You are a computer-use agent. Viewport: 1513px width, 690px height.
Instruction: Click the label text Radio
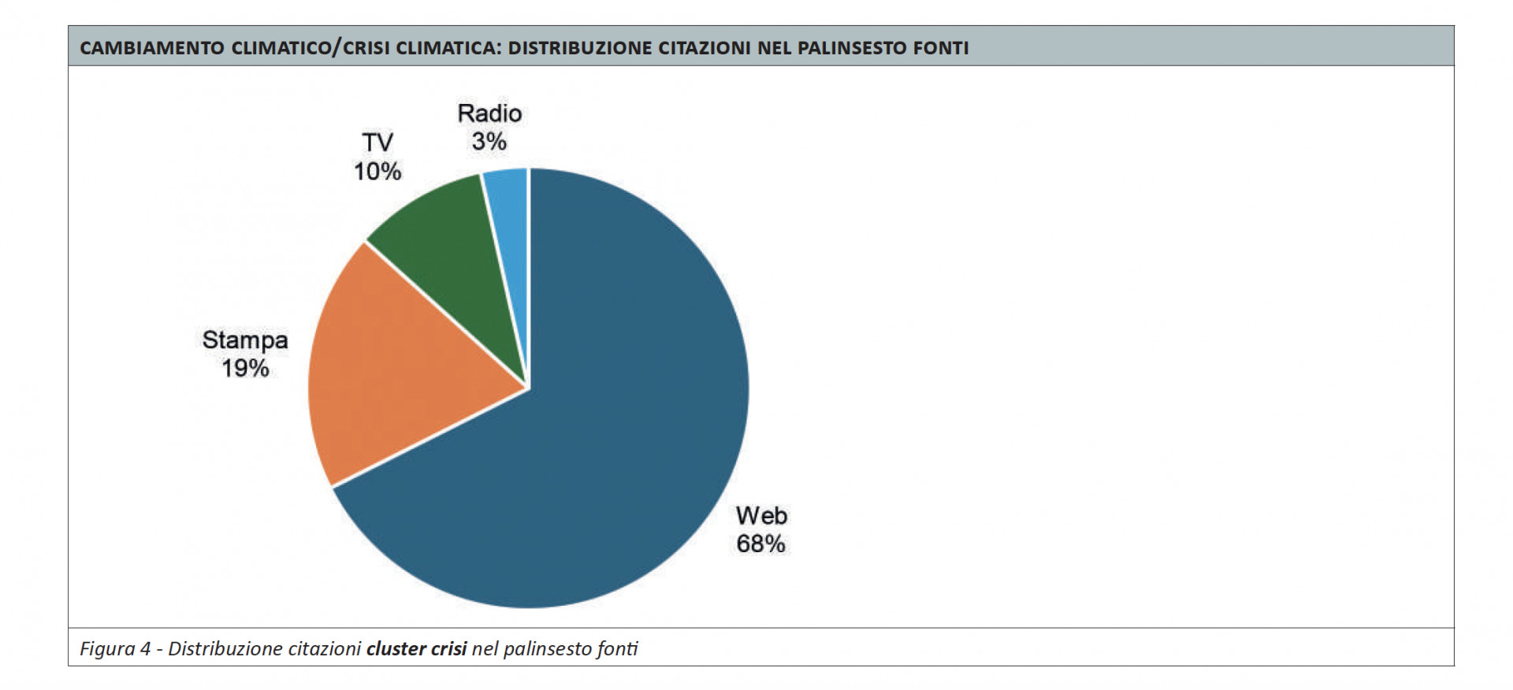point(489,113)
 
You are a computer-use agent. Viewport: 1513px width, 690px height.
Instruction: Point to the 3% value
point(489,142)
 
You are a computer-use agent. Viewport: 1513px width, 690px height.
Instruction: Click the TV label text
point(377,143)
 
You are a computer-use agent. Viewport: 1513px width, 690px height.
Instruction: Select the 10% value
point(377,171)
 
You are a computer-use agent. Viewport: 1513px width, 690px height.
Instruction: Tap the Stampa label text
point(245,339)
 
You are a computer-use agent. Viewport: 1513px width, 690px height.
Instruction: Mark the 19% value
point(245,368)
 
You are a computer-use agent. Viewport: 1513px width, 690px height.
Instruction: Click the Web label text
point(761,515)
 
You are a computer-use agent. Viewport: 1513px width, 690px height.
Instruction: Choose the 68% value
point(761,543)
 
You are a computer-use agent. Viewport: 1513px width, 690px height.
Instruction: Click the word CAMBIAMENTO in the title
point(152,48)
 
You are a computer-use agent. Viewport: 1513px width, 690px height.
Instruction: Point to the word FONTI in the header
point(941,48)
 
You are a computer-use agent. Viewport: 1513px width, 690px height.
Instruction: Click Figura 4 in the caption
point(115,649)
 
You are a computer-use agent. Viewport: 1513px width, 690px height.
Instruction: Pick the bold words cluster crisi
point(417,649)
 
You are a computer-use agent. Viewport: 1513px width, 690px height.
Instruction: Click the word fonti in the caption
point(617,649)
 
